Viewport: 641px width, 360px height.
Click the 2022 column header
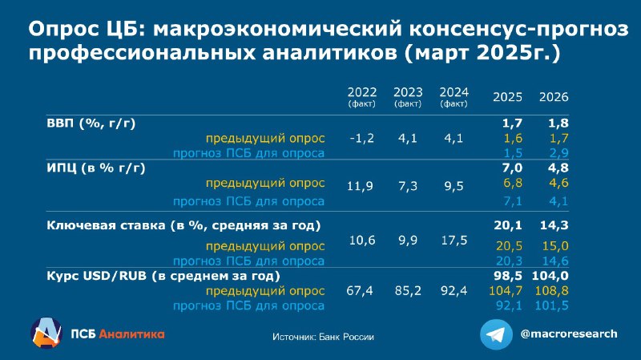pyautogui.click(x=362, y=96)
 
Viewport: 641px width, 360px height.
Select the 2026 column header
pyautogui.click(x=554, y=97)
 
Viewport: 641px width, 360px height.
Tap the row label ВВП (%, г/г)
pyautogui.click(x=91, y=123)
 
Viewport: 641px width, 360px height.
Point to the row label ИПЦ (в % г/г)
pyautogui.click(x=96, y=168)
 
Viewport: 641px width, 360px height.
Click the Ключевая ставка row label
pyautogui.click(x=183, y=225)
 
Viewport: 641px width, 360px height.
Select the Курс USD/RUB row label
pyautogui.click(x=163, y=276)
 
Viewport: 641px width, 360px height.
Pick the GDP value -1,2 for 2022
pyautogui.click(x=362, y=138)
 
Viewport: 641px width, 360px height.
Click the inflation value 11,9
pyautogui.click(x=360, y=187)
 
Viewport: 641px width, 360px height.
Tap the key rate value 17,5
pyautogui.click(x=454, y=241)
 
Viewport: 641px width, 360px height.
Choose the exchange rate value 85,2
pyautogui.click(x=408, y=291)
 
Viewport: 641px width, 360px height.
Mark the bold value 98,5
pyautogui.click(x=508, y=276)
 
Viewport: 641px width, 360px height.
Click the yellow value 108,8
pyautogui.click(x=551, y=291)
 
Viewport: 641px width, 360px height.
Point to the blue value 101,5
pyautogui.click(x=551, y=305)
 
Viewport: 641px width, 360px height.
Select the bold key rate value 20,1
pyautogui.click(x=508, y=225)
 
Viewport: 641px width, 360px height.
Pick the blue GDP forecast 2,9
pyautogui.click(x=558, y=153)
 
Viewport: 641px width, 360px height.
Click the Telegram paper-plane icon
pyautogui.click(x=496, y=334)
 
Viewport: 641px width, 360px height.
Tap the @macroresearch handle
pyautogui.click(x=569, y=334)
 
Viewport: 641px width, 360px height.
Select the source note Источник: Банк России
pyautogui.click(x=323, y=337)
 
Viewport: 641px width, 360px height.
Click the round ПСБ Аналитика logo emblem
pyautogui.click(x=46, y=333)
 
